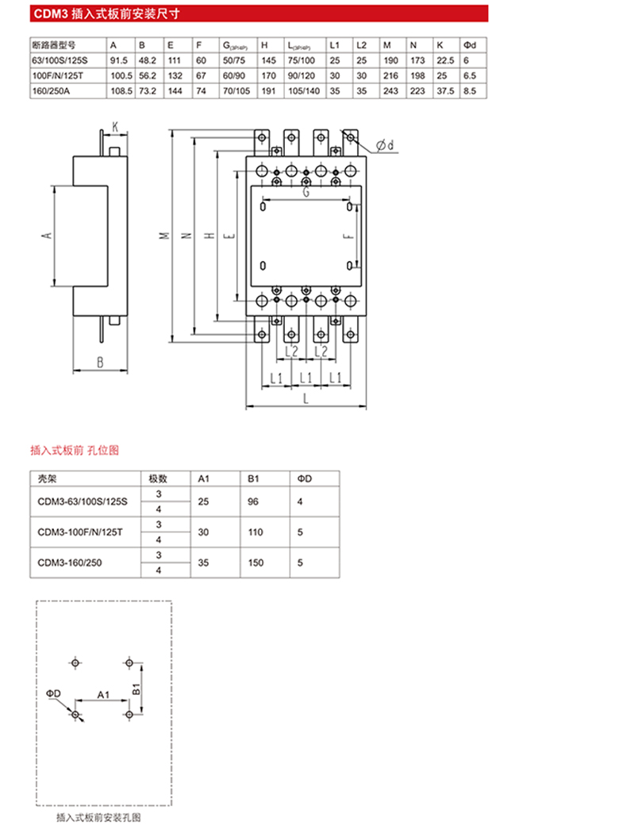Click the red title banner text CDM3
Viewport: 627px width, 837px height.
(x=50, y=13)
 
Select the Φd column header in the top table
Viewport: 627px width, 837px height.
(x=469, y=45)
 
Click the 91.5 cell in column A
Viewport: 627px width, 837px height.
(x=118, y=60)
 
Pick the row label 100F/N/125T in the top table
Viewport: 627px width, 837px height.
(x=57, y=76)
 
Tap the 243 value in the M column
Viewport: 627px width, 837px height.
(x=390, y=90)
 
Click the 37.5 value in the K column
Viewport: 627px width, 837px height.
(x=445, y=90)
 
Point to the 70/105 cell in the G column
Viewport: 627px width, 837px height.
(x=236, y=90)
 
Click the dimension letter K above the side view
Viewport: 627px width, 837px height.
(x=115, y=127)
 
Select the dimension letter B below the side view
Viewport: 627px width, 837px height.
(x=100, y=363)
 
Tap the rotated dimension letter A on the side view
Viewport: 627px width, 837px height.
(x=47, y=236)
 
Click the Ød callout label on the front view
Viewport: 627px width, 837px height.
(x=386, y=144)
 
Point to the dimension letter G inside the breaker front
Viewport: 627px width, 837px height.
(x=306, y=192)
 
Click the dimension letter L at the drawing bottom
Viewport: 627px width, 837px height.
(x=306, y=398)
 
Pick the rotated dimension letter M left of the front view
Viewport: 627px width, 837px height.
(x=164, y=236)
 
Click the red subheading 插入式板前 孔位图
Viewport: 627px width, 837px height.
(x=75, y=450)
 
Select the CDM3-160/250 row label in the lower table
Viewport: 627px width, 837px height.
(x=69, y=562)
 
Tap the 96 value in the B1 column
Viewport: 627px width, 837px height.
(x=253, y=501)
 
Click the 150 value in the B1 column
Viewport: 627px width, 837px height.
(x=256, y=562)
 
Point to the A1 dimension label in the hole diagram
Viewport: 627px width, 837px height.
(x=103, y=694)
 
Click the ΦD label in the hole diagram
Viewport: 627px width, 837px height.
(x=53, y=693)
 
